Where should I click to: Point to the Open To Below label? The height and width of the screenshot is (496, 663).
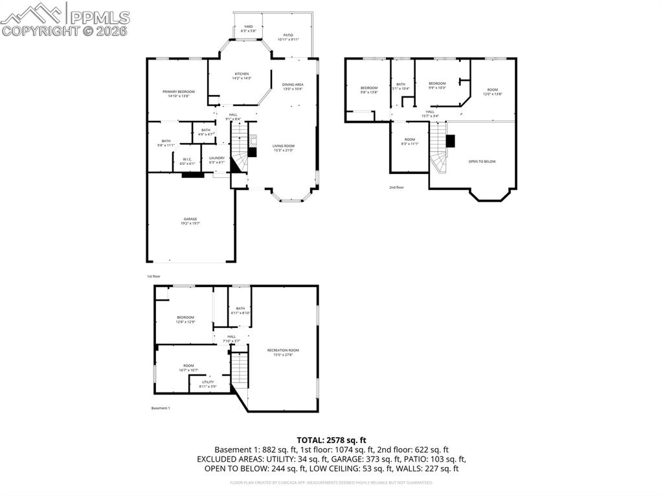(482, 162)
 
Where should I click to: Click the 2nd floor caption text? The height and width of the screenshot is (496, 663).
(397, 188)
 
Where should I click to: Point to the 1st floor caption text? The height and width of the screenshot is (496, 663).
(153, 276)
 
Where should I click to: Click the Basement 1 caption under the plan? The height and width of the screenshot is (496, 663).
(161, 408)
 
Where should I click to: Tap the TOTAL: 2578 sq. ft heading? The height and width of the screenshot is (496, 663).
(331, 440)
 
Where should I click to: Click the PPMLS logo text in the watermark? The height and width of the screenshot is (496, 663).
(100, 17)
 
